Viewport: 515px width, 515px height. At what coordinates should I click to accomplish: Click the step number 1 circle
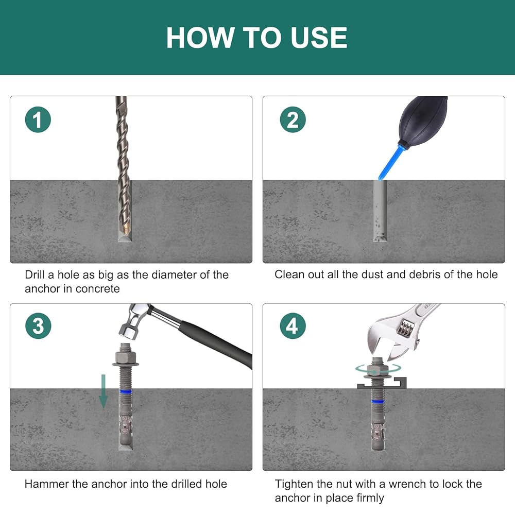(x=38, y=119)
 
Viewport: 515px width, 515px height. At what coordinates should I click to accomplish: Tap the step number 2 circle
(x=293, y=119)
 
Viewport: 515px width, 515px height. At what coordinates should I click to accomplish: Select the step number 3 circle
(x=38, y=326)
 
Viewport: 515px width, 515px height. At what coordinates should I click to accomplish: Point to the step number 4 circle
(x=293, y=326)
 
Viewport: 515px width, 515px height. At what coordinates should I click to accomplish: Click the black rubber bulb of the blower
(x=423, y=118)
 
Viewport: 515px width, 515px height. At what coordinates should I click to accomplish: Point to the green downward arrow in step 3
(x=104, y=391)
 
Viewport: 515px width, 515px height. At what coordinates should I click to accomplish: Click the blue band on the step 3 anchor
(x=126, y=391)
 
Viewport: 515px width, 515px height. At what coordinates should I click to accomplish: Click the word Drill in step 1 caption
(x=35, y=274)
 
